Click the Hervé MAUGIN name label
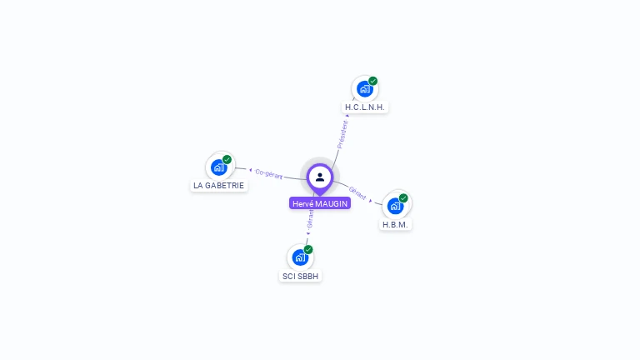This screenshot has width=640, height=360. click(x=320, y=203)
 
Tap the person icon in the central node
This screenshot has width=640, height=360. click(x=320, y=177)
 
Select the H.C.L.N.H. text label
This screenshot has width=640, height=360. click(x=367, y=107)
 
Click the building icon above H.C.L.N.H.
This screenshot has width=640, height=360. click(x=364, y=88)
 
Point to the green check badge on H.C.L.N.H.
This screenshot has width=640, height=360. click(x=373, y=81)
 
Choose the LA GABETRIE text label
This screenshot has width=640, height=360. click(x=219, y=185)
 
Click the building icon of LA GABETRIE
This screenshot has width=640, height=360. click(x=218, y=167)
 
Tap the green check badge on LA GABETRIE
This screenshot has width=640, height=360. click(x=227, y=159)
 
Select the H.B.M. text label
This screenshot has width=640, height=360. click(x=396, y=224)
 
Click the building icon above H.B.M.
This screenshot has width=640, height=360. click(x=395, y=205)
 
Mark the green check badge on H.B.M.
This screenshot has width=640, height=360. click(x=403, y=198)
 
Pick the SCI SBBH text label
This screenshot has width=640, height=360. click(x=301, y=276)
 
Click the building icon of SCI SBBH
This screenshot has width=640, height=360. click(x=300, y=257)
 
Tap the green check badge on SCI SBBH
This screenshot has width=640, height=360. click(x=308, y=249)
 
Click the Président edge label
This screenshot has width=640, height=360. click(x=342, y=135)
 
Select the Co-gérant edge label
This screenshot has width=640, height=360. click(x=269, y=173)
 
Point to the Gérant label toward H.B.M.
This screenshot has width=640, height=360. click(x=357, y=192)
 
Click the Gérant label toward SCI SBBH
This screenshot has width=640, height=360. click(x=310, y=219)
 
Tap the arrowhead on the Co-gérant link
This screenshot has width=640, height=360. click(x=250, y=170)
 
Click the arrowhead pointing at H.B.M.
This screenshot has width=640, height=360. click(x=371, y=200)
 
